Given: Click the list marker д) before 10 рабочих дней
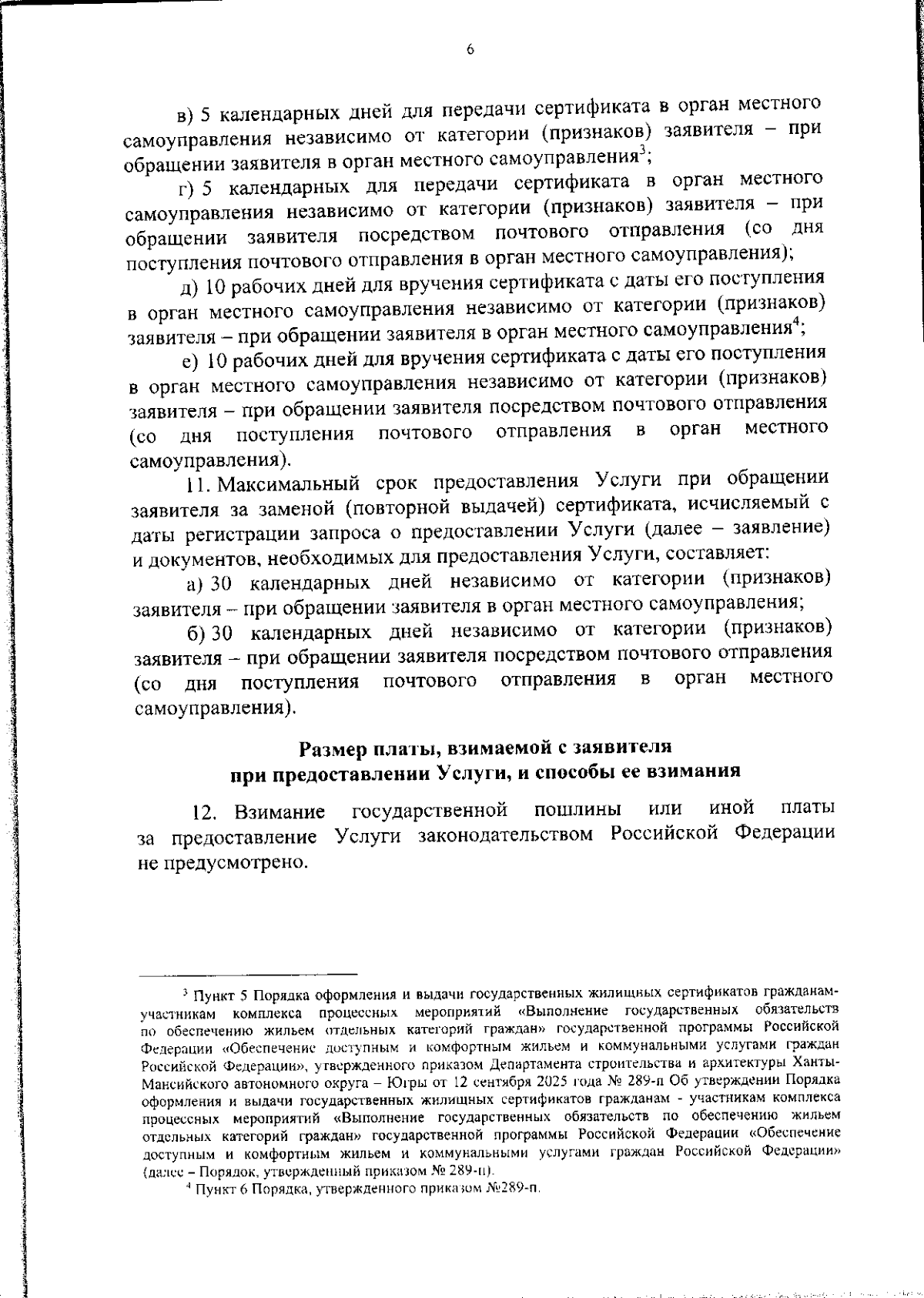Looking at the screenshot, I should [x=189, y=286].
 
